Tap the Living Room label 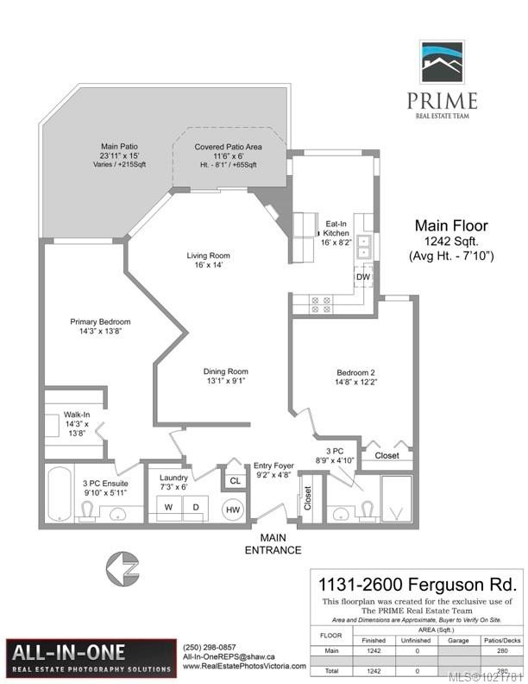pyautogui.click(x=209, y=256)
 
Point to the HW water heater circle pyautogui.click(x=233, y=510)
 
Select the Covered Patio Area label pyautogui.click(x=228, y=148)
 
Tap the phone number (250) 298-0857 pyautogui.click(x=208, y=648)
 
